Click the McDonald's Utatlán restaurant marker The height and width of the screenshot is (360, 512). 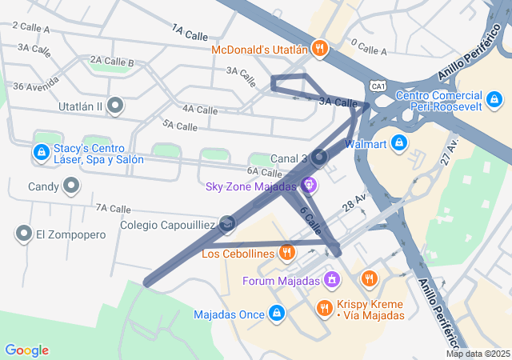pos(319,49)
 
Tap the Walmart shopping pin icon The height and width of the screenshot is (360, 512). pos(399,144)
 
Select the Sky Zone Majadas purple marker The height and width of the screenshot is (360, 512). pos(309,186)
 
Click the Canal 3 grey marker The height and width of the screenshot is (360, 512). pos(319,158)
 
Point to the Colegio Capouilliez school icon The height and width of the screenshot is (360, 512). pos(227,225)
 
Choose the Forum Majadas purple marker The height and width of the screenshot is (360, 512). pos(331,280)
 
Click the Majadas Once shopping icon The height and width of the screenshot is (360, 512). pos(277,314)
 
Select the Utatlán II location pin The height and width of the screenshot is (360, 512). pos(115,106)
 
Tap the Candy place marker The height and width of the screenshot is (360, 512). pos(72,187)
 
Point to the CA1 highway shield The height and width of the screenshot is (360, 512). pos(378,85)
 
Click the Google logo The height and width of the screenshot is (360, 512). pos(26,350)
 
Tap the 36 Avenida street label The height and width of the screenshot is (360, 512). pos(36,84)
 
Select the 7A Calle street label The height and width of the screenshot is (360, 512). pos(113,208)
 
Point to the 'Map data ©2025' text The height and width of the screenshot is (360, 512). pos(478,354)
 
